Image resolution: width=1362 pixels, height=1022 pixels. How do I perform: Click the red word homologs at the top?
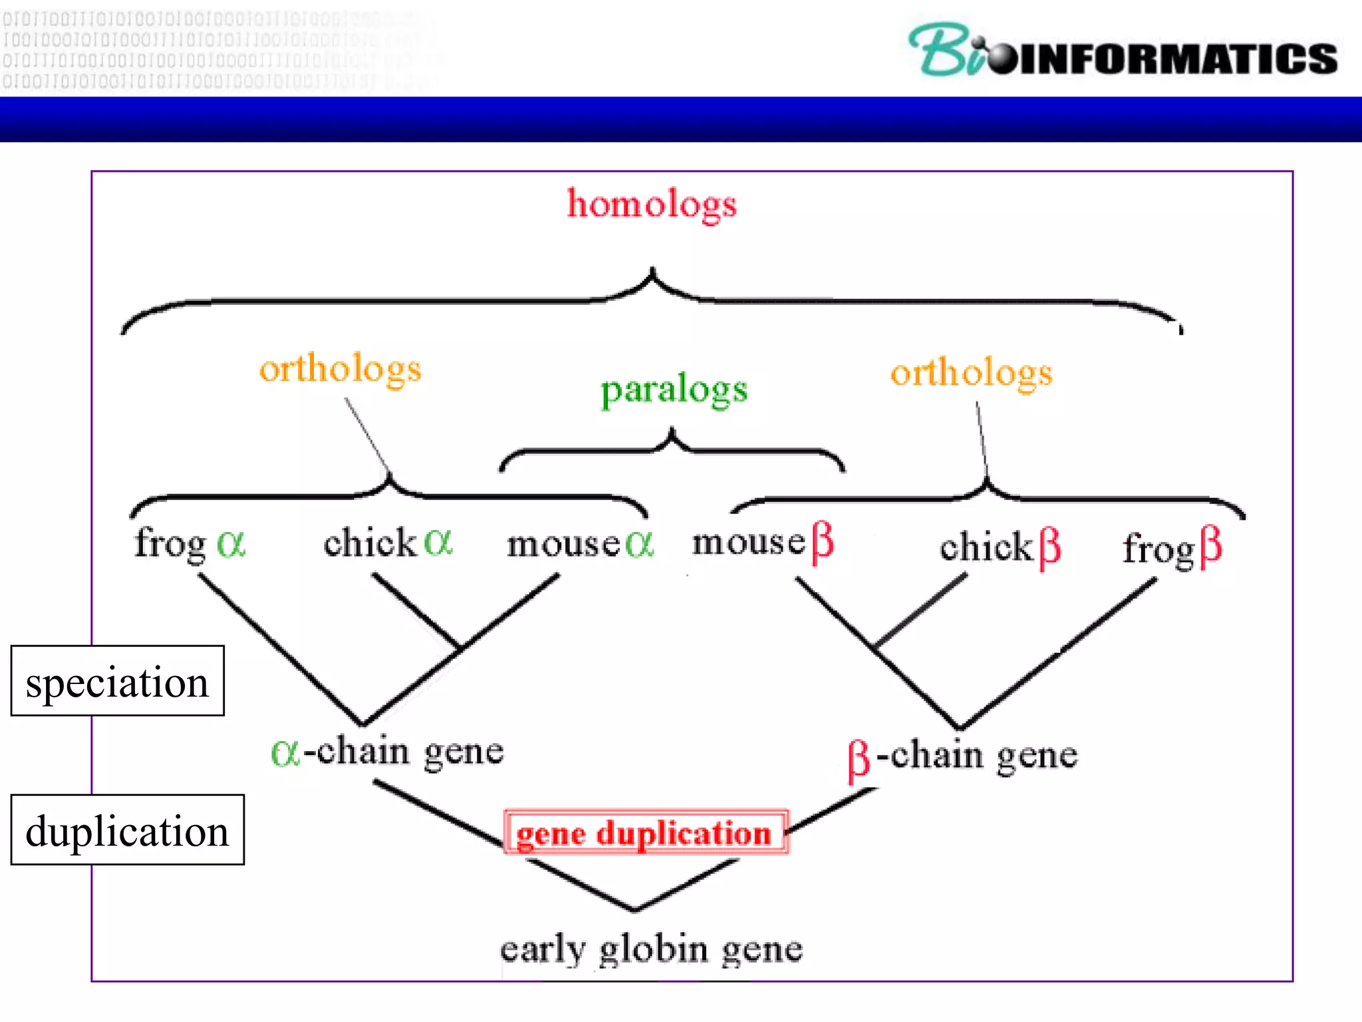(652, 204)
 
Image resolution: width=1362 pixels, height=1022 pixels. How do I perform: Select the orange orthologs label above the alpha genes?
(340, 369)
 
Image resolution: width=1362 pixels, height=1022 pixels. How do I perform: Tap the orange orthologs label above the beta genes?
(971, 372)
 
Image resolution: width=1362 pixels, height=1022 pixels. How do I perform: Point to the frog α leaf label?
(190, 544)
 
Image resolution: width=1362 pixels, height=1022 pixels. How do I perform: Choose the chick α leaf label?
(388, 542)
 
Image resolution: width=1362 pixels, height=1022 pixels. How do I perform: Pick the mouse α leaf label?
(581, 544)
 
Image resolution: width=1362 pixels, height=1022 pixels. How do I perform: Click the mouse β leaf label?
(763, 542)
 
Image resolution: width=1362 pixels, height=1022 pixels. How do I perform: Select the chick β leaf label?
(1000, 548)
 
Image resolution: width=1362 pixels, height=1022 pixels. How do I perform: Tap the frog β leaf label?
(1172, 549)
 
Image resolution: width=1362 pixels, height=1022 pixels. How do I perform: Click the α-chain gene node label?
(387, 753)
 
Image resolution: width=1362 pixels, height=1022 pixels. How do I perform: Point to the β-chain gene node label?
(962, 757)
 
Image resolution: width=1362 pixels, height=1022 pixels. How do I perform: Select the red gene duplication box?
(646, 832)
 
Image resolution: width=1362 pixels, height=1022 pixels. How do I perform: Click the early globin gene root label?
(651, 949)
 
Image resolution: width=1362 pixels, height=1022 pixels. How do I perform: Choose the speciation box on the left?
(118, 681)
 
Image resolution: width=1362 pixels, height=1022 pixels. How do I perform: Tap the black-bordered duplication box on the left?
(127, 830)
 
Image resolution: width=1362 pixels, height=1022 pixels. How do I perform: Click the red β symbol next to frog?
(1210, 548)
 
